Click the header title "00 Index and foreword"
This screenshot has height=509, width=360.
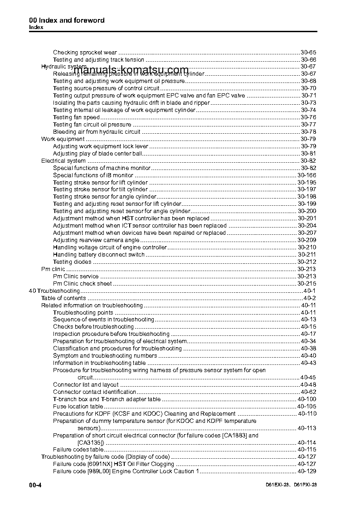coord(67,20)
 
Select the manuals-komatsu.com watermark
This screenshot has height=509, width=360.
coord(131,70)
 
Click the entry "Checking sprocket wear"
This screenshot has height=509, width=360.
coord(85,53)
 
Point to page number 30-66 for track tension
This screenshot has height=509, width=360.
coord(309,60)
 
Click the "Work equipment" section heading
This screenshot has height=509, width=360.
coord(63,139)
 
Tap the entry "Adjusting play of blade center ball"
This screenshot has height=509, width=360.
coord(97,154)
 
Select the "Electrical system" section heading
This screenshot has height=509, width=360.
coord(63,161)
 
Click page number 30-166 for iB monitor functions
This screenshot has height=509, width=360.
coord(307,175)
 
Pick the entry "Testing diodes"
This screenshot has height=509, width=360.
coord(72,262)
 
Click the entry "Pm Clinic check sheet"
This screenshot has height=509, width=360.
coord(82,284)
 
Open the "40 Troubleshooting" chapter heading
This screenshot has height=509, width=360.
coord(54,291)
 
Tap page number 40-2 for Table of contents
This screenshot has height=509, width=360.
coord(310,298)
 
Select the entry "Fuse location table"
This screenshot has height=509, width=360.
coord(78,407)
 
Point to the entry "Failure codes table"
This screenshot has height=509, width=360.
coord(78,450)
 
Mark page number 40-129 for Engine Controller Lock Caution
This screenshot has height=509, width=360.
coord(307,471)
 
